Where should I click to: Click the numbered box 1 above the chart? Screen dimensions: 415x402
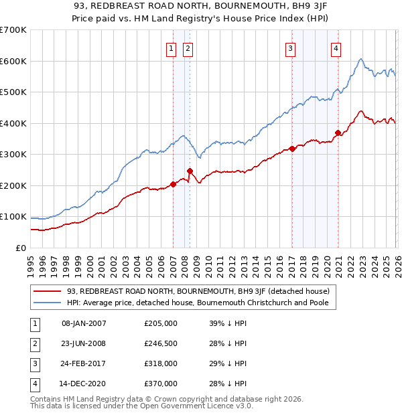tap(172, 48)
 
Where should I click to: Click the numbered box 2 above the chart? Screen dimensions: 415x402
tap(188, 48)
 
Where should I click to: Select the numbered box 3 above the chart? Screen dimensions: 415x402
tap(291, 48)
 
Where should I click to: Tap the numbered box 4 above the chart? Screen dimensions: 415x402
tap(336, 48)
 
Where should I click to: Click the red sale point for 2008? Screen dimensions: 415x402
tap(190, 171)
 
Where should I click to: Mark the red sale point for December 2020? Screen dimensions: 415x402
tap(338, 133)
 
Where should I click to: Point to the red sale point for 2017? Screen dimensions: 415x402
tap(292, 149)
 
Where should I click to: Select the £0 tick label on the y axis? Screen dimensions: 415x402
tap(21, 248)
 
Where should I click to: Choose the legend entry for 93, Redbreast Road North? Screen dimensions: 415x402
tap(198, 292)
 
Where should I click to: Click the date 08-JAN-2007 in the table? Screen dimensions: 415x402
tap(84, 323)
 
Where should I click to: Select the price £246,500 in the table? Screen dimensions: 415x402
tap(160, 343)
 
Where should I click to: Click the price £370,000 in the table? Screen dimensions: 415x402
tap(160, 384)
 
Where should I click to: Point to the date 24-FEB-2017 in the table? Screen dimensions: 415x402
tap(84, 363)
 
